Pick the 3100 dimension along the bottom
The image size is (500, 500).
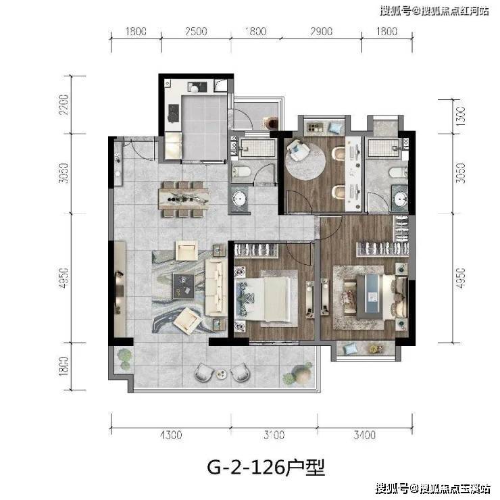click(273, 436)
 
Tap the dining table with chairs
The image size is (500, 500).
click(184, 199)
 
